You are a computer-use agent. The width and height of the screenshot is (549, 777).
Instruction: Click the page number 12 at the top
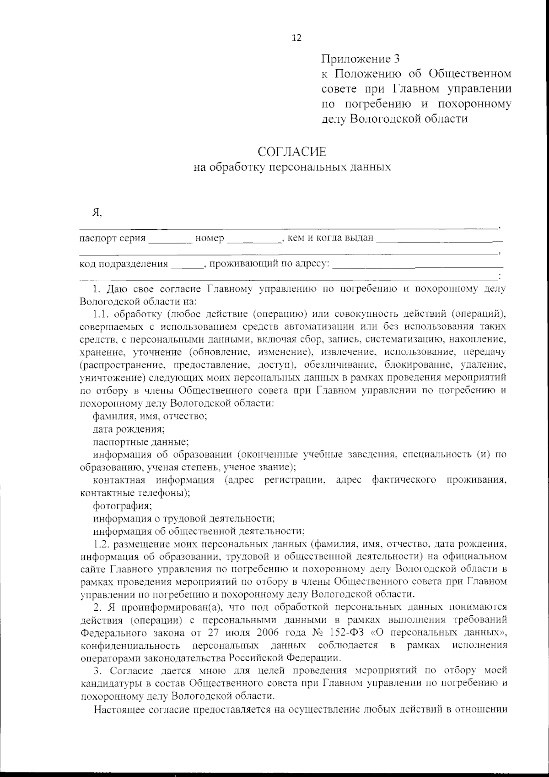click(x=296, y=38)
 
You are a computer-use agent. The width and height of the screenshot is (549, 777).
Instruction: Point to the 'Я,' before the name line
click(x=97, y=212)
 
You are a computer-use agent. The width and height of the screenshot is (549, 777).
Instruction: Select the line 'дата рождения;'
click(x=129, y=429)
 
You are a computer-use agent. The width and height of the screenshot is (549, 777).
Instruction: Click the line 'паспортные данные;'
click(x=141, y=442)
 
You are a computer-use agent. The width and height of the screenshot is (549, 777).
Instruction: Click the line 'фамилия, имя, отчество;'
click(x=151, y=416)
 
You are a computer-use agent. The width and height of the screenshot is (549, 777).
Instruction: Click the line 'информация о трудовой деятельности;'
click(x=184, y=519)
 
